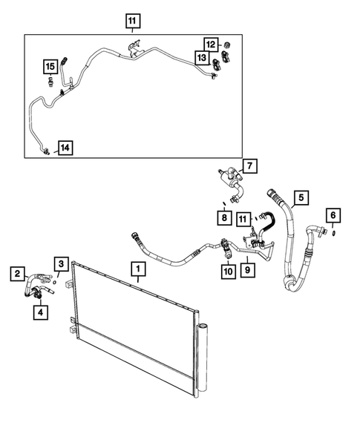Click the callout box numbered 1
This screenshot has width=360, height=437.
coord(139,267)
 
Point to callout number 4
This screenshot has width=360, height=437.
coord(39,312)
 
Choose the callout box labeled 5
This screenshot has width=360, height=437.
coord(301,197)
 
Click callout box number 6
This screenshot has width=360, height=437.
coord(333,215)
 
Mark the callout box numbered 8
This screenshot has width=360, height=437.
coord(223,217)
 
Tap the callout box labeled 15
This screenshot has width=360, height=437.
coord(49,68)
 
